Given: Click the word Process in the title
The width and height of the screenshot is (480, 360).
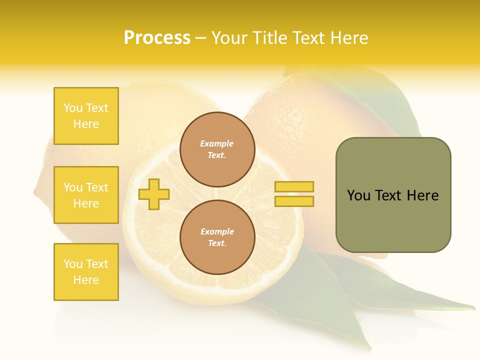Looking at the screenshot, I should [157, 38].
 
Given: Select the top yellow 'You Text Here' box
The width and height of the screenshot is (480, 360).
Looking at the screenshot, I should [86, 116].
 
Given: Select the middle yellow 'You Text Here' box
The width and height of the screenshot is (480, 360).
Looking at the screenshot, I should [86, 195].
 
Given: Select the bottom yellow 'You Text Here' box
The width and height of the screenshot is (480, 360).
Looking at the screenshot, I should [86, 272].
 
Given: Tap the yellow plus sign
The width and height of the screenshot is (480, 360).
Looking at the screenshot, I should [154, 194].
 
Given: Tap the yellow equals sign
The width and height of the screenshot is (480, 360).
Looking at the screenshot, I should [294, 194].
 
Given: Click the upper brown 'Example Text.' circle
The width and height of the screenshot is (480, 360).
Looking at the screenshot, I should [217, 149].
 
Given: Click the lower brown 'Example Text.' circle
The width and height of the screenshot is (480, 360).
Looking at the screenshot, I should [217, 237].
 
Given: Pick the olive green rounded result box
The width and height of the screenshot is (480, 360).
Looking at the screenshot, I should [393, 195].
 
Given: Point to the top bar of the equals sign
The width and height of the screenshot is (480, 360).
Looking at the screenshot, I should [294, 187].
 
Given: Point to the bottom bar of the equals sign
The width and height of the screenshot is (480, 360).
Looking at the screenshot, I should [294, 201].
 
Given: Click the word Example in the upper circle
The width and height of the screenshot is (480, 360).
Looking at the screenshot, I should [217, 143].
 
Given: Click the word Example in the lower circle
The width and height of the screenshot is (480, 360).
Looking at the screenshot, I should [217, 231].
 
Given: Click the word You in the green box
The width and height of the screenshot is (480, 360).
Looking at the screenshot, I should [358, 195].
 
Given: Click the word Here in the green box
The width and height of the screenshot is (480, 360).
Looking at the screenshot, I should [422, 195].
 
